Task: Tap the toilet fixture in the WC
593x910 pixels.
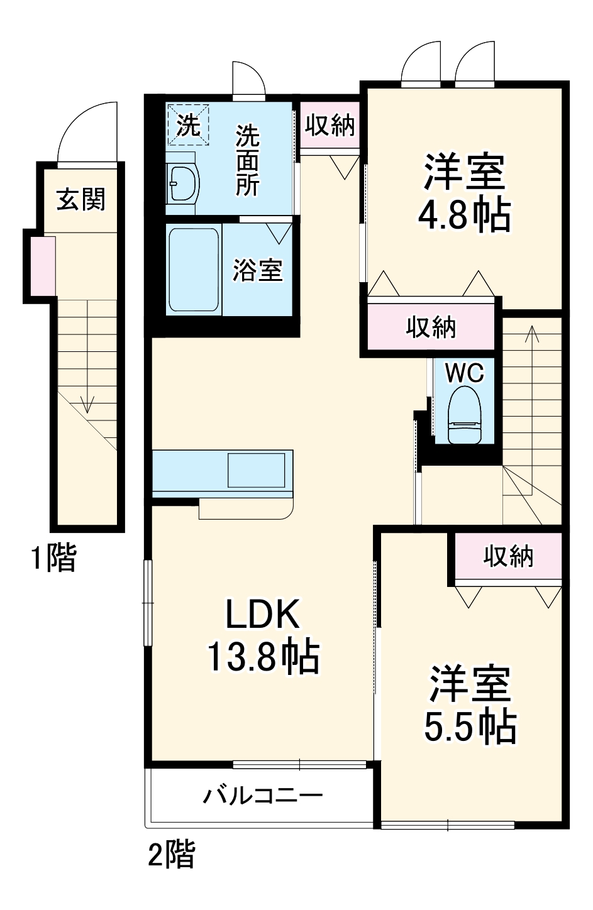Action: (x=464, y=417)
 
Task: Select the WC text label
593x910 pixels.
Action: (x=465, y=373)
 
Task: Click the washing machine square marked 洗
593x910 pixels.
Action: (x=188, y=124)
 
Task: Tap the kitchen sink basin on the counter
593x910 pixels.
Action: (x=256, y=470)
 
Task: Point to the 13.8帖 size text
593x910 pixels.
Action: (x=262, y=657)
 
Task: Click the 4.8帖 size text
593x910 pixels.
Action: (x=464, y=216)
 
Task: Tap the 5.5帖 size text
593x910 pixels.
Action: (x=470, y=727)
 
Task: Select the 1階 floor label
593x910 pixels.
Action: (x=54, y=557)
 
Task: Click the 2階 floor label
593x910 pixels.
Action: (x=172, y=855)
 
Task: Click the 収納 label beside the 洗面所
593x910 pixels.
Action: (x=330, y=125)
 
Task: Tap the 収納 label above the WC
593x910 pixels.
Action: (x=431, y=327)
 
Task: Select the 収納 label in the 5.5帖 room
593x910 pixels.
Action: (x=508, y=556)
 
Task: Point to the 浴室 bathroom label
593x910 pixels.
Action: (x=258, y=270)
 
